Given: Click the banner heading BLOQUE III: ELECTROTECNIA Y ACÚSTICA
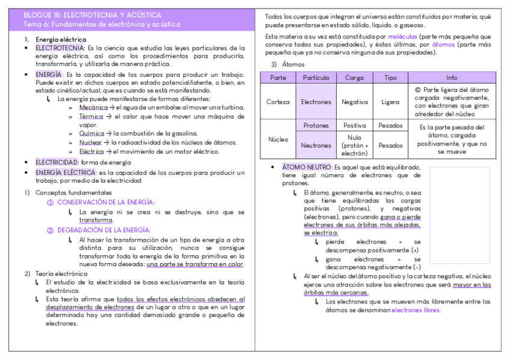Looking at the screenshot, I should pyautogui.click(x=92, y=14).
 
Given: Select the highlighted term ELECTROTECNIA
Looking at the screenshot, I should pyautogui.click(x=60, y=47).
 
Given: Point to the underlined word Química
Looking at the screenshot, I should pyautogui.click(x=92, y=133).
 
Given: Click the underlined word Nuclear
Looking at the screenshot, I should pyautogui.click(x=91, y=142).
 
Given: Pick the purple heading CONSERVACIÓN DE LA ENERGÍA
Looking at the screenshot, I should pyautogui.click(x=105, y=203).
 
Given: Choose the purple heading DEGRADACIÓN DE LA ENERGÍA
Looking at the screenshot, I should pyautogui.click(x=103, y=230).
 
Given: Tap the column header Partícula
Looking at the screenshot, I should pyautogui.click(x=316, y=78).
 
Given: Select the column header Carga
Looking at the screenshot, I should pyautogui.click(x=354, y=78).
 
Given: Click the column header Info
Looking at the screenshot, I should pyautogui.click(x=452, y=78).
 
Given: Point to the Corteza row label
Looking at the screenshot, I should pyautogui.click(x=278, y=102).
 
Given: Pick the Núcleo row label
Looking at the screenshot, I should pyautogui.click(x=278, y=139).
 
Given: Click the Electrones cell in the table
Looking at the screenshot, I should pyautogui.click(x=316, y=102).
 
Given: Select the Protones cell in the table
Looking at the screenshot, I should pyautogui.click(x=316, y=126).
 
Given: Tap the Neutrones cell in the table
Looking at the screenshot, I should pyautogui.click(x=316, y=145).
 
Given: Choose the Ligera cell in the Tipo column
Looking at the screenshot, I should pyautogui.click(x=390, y=102).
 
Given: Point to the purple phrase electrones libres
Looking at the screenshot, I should pyautogui.click(x=416, y=311).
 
